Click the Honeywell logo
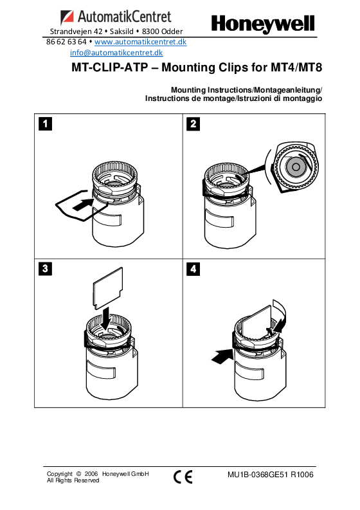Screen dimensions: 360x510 pyautogui.click(x=263, y=24)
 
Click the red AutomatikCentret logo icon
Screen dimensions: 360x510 pyautogui.click(x=67, y=17)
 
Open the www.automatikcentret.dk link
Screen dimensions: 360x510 pyautogui.click(x=141, y=42)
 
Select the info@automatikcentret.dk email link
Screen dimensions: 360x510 pyautogui.click(x=116, y=53)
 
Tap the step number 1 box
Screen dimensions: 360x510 pyautogui.click(x=45, y=123)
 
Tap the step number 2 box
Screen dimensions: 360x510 pyautogui.click(x=193, y=123)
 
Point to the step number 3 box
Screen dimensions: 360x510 pyautogui.click(x=45, y=269)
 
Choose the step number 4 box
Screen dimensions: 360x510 pyautogui.click(x=193, y=269)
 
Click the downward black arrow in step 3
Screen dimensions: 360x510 pyautogui.click(x=106, y=319)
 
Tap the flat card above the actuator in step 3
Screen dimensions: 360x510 pyautogui.click(x=108, y=288)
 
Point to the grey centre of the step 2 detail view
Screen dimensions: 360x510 pyautogui.click(x=296, y=167)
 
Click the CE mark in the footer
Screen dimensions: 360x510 pyautogui.click(x=183, y=477)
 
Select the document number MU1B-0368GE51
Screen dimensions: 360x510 pyautogui.click(x=258, y=475)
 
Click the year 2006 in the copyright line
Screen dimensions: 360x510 pyautogui.click(x=91, y=474)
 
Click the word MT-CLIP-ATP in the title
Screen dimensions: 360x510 pyautogui.click(x=110, y=68)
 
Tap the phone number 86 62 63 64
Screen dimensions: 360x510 pyautogui.click(x=66, y=42)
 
